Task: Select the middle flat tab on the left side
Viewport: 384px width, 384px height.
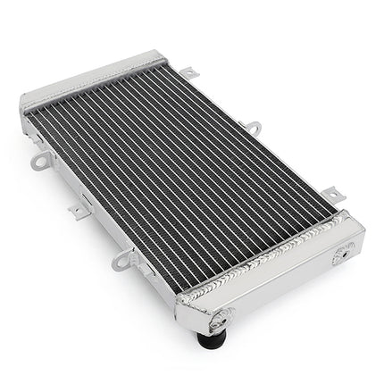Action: tap(79, 212)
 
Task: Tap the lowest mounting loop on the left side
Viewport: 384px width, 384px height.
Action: tap(121, 261)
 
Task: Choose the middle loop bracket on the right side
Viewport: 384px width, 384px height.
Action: tap(253, 129)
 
